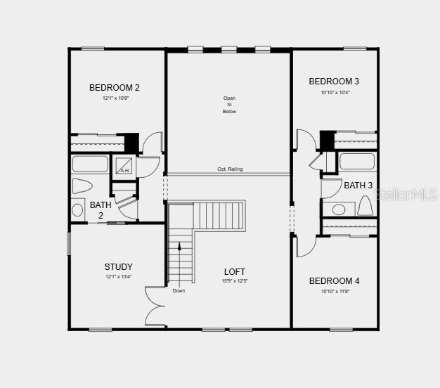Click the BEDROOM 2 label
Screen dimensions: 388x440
(114, 88)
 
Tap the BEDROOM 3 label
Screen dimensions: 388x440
(334, 82)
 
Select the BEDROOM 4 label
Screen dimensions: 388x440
(334, 281)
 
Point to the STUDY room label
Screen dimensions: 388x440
(118, 267)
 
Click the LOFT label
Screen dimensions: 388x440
(235, 272)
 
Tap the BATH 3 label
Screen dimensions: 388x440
(358, 186)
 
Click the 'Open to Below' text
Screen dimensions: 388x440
(229, 105)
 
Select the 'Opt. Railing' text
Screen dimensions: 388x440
(230, 169)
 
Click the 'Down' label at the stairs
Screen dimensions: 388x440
(179, 290)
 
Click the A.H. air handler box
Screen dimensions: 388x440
(124, 167)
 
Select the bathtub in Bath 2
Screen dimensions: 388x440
(89, 164)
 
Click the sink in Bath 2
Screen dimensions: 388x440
(78, 209)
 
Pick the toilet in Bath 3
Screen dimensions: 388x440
(364, 206)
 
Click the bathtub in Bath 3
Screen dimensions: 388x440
(357, 162)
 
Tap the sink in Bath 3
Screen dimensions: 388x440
(339, 209)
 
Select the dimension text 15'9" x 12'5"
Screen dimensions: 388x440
(235, 281)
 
